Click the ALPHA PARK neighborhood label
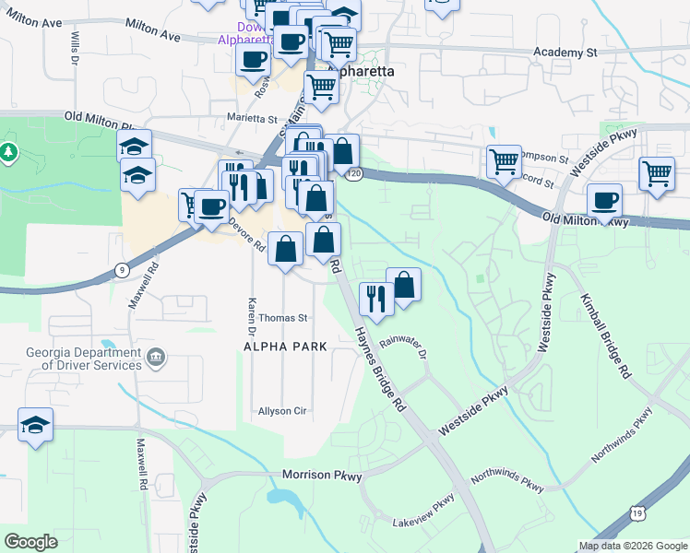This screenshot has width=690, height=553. pyautogui.click(x=285, y=346)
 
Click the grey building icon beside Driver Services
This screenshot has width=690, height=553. pyautogui.click(x=156, y=356)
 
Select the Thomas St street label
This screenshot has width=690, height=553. pyautogui.click(x=281, y=318)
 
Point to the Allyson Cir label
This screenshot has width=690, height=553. pyautogui.click(x=281, y=411)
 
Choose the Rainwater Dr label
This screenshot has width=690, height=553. pyautogui.click(x=407, y=347)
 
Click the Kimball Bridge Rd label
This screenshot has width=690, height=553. pyautogui.click(x=605, y=336)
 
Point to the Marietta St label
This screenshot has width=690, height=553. pyautogui.click(x=252, y=119)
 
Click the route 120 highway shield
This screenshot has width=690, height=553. pyautogui.click(x=354, y=173)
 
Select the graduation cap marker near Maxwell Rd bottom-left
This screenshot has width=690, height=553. pyautogui.click(x=35, y=425)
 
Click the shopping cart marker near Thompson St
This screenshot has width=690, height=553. pyautogui.click(x=504, y=161)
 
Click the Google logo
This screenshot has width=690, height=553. pyautogui.click(x=32, y=542)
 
